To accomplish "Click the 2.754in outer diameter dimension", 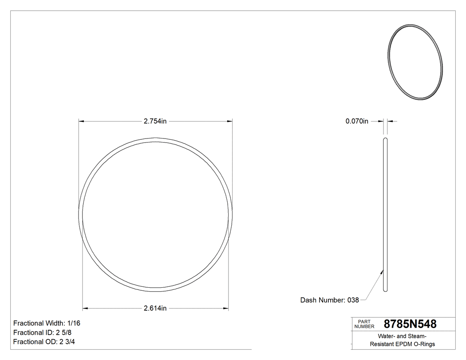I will pyautogui.click(x=154, y=121).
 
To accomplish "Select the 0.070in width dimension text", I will pyautogui.click(x=357, y=121).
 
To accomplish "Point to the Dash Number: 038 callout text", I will pyautogui.click(x=329, y=300).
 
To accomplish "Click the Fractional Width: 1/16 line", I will pyautogui.click(x=47, y=323).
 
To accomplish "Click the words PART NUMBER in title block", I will pyautogui.click(x=364, y=324).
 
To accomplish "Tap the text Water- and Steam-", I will pyautogui.click(x=403, y=336).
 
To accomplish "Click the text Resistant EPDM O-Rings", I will pyautogui.click(x=403, y=344).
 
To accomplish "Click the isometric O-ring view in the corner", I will pyautogui.click(x=415, y=62).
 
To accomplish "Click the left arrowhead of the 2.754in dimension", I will pyautogui.click(x=81, y=121).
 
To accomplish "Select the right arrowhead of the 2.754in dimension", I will pyautogui.click(x=230, y=121).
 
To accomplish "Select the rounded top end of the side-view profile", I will pyautogui.click(x=385, y=140).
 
